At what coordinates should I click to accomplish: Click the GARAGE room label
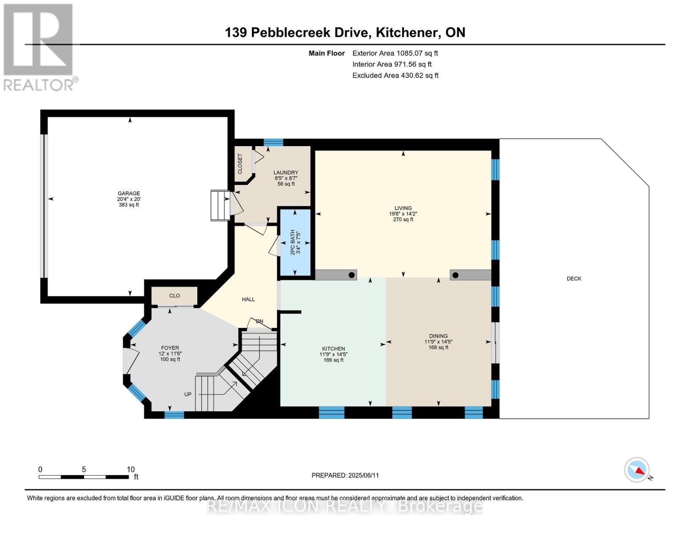click(x=129, y=194)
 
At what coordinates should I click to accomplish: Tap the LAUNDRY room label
click(x=286, y=173)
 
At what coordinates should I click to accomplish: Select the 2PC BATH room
click(x=295, y=243)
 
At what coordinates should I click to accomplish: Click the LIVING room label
click(x=403, y=208)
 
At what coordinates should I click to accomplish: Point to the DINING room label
click(x=438, y=336)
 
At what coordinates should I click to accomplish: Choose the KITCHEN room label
click(x=333, y=349)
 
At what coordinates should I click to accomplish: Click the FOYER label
click(x=170, y=348)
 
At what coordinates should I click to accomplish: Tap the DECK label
click(x=574, y=279)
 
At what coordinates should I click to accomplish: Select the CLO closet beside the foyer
click(x=174, y=296)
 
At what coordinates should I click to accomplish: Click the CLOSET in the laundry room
click(x=240, y=164)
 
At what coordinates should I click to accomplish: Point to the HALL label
click(x=248, y=299)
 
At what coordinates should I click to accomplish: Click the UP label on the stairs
click(x=188, y=394)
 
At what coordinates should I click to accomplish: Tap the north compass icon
click(x=637, y=470)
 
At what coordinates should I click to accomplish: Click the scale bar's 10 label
click(x=131, y=469)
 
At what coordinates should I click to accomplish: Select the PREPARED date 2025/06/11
click(x=345, y=475)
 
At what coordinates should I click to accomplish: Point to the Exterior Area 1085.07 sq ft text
click(x=395, y=53)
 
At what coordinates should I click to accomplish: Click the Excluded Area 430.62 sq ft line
click(x=395, y=76)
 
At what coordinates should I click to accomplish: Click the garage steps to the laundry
click(x=220, y=206)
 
